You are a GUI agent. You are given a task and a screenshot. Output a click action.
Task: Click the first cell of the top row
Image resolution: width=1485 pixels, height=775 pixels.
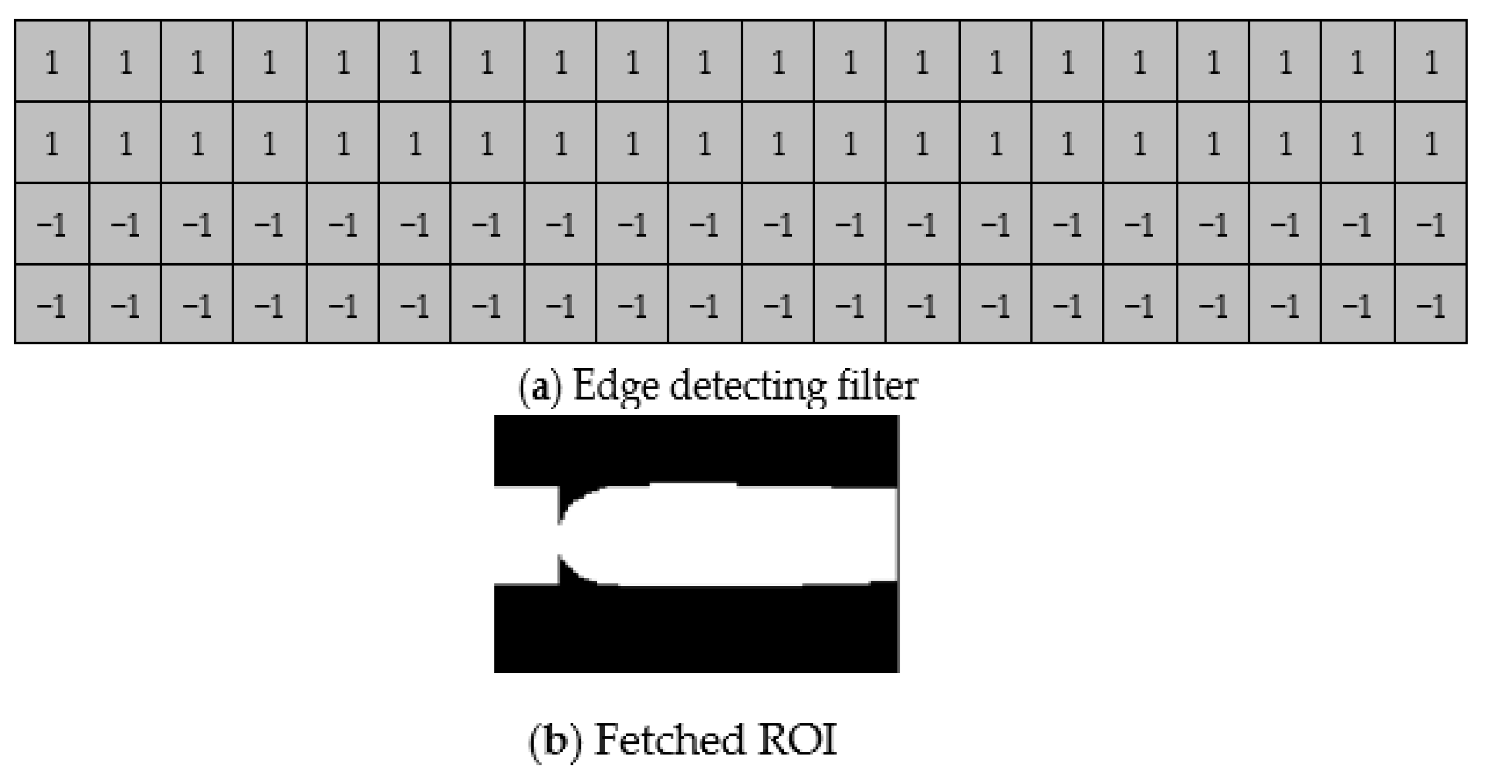(x=52, y=62)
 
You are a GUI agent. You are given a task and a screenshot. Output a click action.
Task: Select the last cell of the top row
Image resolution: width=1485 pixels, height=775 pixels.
(x=1431, y=62)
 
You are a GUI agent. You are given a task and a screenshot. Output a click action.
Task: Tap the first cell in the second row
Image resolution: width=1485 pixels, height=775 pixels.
(x=52, y=143)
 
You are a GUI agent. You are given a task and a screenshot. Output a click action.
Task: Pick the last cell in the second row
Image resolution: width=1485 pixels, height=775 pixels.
(x=1431, y=143)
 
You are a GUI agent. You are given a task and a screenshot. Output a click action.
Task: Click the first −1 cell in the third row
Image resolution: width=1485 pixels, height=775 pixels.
(x=52, y=225)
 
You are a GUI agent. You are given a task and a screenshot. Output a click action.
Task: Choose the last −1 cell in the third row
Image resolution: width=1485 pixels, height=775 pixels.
(x=1431, y=225)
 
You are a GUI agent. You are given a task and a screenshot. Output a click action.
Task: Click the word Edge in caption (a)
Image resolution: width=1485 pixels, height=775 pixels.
(x=615, y=387)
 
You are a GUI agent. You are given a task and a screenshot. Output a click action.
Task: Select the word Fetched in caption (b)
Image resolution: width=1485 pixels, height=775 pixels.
(x=668, y=740)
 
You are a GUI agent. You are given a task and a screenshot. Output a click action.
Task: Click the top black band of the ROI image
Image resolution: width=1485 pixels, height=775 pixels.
(x=696, y=450)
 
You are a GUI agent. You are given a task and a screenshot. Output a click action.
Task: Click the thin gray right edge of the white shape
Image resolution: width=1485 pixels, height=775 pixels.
(x=897, y=535)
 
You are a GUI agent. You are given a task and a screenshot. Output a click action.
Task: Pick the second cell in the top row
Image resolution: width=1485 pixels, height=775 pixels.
(x=125, y=62)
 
